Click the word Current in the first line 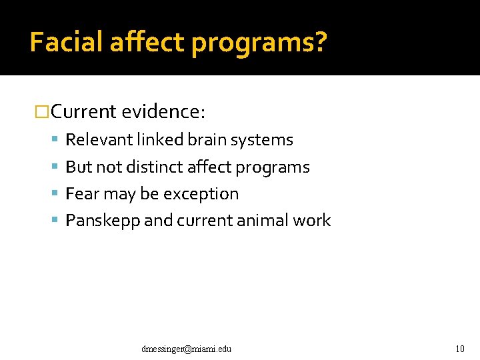pos(84,111)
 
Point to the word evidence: pos(164,111)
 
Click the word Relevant pos(99,140)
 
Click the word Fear pos(81,194)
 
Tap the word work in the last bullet pos(313,221)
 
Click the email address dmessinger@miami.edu pos(187,349)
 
